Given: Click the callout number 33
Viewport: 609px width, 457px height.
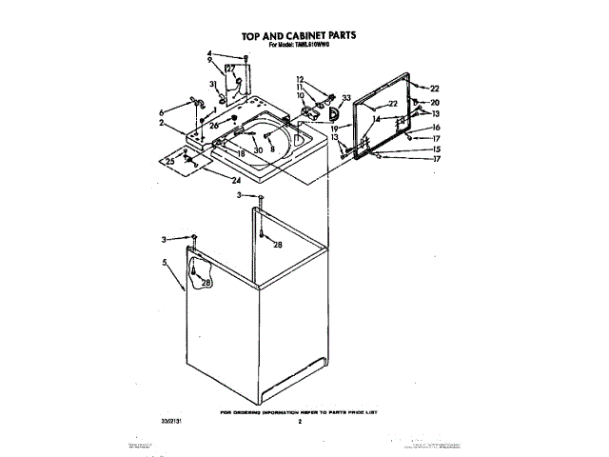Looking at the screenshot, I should click(346, 97).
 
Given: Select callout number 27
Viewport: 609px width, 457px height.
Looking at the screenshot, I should click(230, 69).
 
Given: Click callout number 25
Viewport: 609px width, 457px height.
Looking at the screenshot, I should click(170, 162).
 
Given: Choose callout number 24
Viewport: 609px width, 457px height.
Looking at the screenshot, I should click(236, 181).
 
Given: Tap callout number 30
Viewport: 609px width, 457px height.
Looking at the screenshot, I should click(257, 149).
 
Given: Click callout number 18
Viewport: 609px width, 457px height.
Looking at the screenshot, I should click(242, 153).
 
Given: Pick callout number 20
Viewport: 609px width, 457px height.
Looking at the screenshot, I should click(436, 102).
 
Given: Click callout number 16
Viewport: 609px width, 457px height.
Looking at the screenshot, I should click(436, 128).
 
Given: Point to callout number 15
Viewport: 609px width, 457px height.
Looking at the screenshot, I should click(436, 149).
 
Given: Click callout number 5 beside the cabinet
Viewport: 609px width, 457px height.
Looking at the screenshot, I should click(166, 262).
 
